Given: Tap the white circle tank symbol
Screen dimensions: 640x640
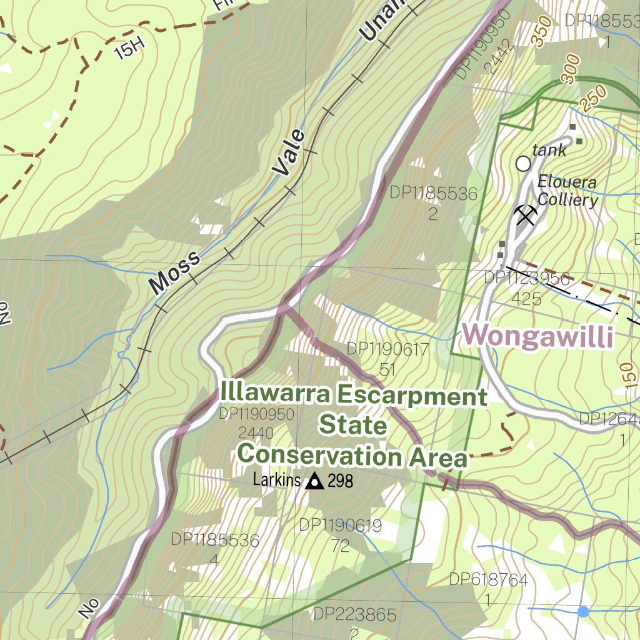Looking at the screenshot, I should click(x=523, y=164).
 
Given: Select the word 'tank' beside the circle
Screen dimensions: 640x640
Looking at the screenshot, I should click(x=549, y=150).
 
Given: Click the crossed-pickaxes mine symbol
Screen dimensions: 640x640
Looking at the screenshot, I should click(x=526, y=215).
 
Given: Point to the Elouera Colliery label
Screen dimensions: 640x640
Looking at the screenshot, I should click(x=567, y=191).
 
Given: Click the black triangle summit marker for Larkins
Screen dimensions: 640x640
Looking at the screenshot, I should click(x=314, y=481).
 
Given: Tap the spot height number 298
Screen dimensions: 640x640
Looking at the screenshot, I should click(x=340, y=481).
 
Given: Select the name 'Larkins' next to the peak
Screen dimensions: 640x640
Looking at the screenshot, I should click(x=276, y=481).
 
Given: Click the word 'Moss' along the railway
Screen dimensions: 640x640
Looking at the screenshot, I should click(x=176, y=272).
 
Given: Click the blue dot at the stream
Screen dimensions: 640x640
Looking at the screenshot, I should click(x=583, y=611).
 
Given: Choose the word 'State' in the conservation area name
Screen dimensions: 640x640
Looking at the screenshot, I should click(x=353, y=426).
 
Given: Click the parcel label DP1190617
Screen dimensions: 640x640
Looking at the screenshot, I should click(x=387, y=349).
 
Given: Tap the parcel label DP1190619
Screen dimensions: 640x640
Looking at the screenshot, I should click(x=340, y=525).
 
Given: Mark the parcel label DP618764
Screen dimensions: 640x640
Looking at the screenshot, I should click(x=488, y=580).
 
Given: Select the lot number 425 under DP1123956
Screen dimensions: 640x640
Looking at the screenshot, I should click(x=526, y=299).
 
